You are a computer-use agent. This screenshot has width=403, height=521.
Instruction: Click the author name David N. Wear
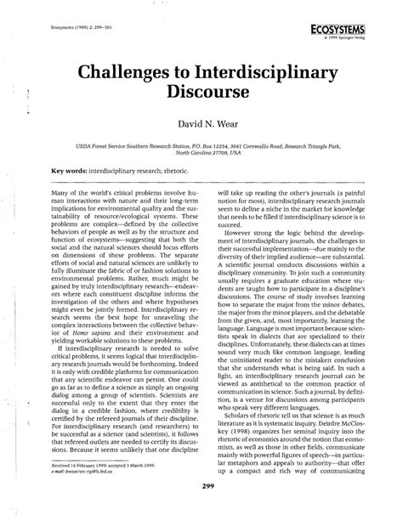pyautogui.click(x=201, y=124)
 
